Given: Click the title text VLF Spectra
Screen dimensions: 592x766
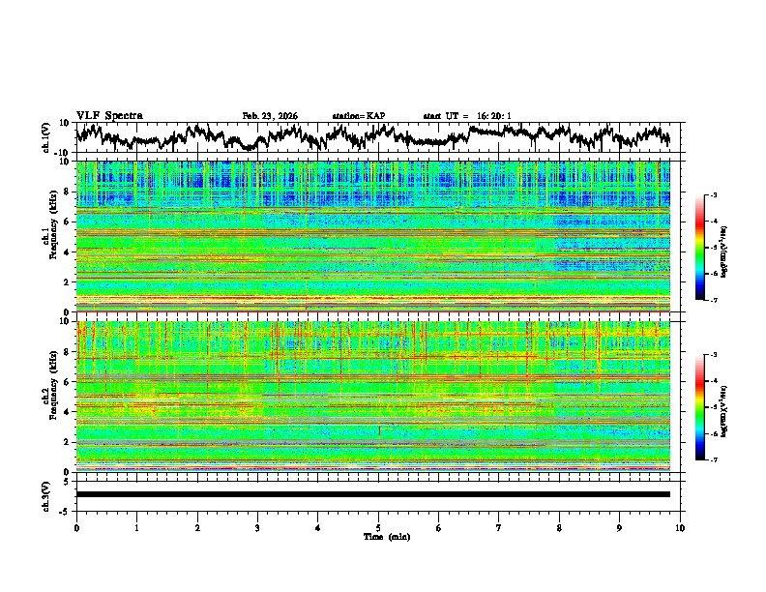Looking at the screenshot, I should coord(109,116).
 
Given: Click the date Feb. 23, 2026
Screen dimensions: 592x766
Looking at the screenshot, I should coord(270,116).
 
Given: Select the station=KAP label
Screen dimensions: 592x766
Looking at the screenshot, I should coord(358,116).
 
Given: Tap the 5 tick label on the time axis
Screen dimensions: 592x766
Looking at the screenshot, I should coord(378,527).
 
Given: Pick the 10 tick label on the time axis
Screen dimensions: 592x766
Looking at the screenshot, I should coord(680,527).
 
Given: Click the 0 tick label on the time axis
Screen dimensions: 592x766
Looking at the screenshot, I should coord(76,527).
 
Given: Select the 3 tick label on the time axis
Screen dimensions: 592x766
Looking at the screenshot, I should coord(257,527).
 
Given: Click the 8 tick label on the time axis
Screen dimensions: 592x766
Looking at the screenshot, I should coord(559,527).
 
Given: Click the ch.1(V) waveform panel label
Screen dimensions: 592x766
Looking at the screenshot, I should coord(45,137).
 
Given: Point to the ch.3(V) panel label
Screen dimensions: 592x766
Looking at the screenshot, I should coord(45,494).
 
